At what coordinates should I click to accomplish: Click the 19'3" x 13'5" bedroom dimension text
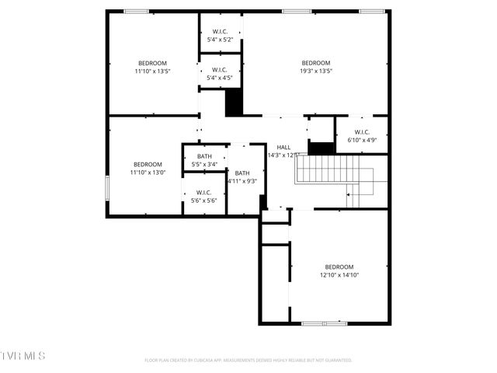(x=316, y=71)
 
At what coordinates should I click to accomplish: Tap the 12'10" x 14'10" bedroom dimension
(x=339, y=275)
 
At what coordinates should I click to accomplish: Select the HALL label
(x=283, y=147)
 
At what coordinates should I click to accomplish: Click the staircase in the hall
(x=334, y=171)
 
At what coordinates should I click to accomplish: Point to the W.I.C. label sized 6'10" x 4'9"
(x=362, y=132)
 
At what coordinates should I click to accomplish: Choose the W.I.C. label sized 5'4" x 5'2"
(x=220, y=32)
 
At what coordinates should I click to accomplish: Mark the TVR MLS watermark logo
(x=23, y=356)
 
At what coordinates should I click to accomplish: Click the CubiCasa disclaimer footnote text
(x=248, y=360)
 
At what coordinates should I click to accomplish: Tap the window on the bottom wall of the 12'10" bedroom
(x=324, y=322)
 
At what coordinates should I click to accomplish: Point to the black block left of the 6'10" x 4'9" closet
(x=321, y=148)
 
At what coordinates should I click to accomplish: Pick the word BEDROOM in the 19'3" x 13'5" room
(x=316, y=63)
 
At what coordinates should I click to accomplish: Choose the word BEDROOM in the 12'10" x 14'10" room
(x=339, y=267)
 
